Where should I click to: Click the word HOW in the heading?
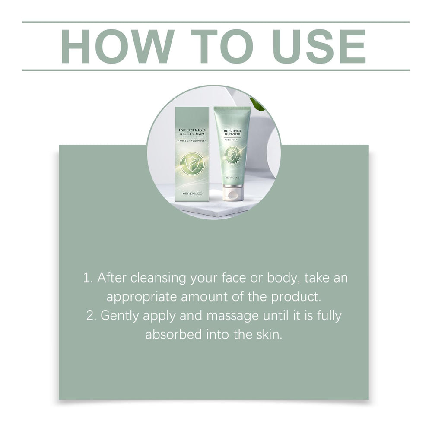click(x=118, y=47)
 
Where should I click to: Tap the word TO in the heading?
click(x=222, y=47)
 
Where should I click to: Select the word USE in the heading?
click(x=319, y=47)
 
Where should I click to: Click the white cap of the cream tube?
click(x=233, y=193)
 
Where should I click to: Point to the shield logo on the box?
click(x=192, y=164)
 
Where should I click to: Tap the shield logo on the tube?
click(x=232, y=155)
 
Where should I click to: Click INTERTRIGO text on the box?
click(x=192, y=130)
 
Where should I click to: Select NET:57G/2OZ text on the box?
click(x=192, y=194)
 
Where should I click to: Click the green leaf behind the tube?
click(x=257, y=104)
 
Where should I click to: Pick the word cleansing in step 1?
click(x=158, y=278)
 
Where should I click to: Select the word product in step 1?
click(x=296, y=297)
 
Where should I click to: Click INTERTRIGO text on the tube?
click(x=232, y=131)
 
